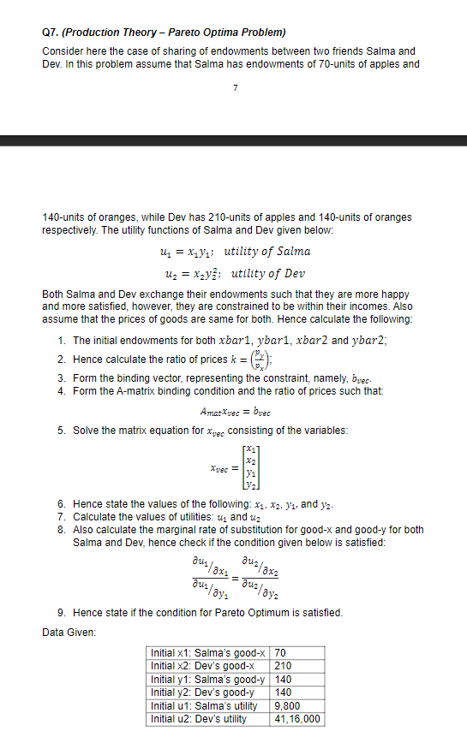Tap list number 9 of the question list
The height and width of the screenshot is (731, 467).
(x=62, y=613)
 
